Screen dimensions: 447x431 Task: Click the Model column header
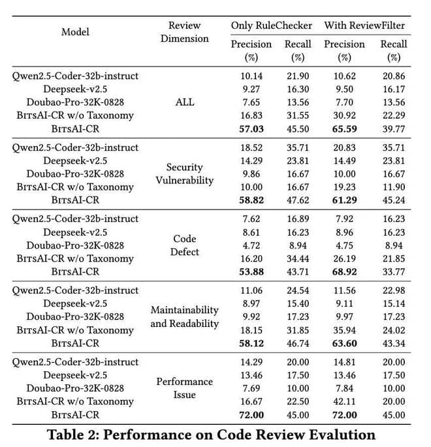(x=75, y=32)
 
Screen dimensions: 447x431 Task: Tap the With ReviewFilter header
(x=365, y=25)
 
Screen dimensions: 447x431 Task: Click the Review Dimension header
(x=184, y=32)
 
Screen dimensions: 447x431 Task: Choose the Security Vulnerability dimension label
(x=185, y=174)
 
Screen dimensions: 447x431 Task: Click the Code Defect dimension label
(x=185, y=245)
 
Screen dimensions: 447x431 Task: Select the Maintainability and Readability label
(x=185, y=316)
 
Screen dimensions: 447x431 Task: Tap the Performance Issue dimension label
(x=185, y=388)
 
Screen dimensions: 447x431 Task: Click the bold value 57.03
(x=251, y=128)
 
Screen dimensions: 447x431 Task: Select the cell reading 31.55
(x=298, y=115)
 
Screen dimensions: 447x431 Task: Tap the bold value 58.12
(x=251, y=343)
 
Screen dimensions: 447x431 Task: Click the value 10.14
(x=251, y=76)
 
